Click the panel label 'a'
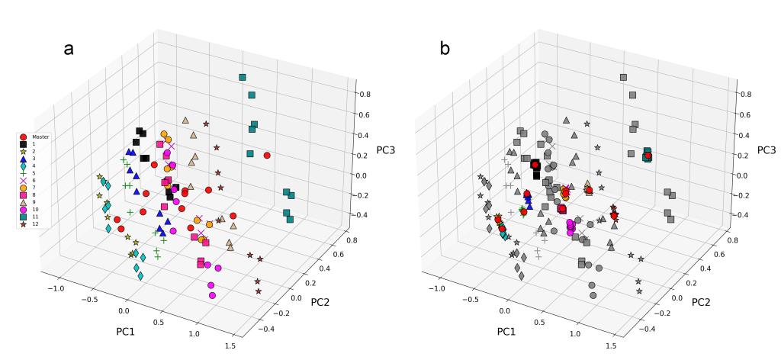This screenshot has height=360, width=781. click(69, 49)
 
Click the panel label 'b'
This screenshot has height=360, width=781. click(446, 49)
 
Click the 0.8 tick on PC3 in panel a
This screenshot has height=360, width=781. click(366, 95)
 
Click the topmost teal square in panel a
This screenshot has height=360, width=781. click(242, 78)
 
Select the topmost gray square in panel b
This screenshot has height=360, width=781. click(623, 78)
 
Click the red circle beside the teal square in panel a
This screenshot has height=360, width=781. click(267, 156)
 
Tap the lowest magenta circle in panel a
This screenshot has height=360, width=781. click(213, 294)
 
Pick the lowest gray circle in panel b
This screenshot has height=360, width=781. click(593, 294)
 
